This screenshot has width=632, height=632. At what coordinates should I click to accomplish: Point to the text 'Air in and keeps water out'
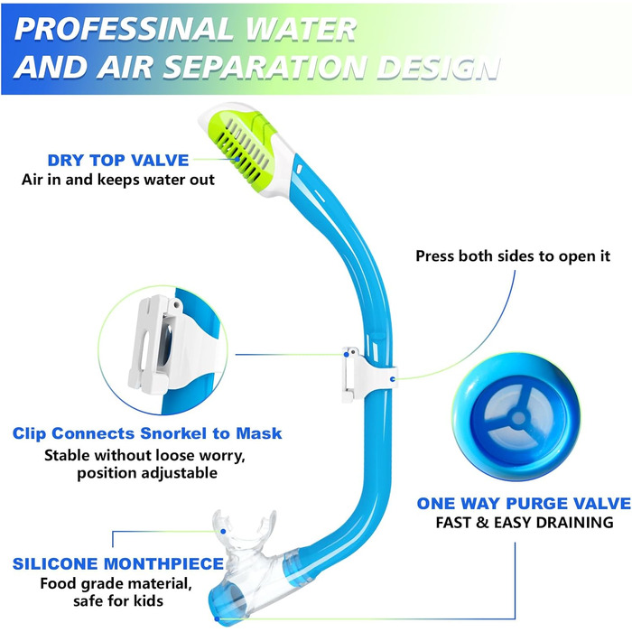coord(117,179)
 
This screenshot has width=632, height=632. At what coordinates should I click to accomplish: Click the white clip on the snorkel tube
coord(355,373)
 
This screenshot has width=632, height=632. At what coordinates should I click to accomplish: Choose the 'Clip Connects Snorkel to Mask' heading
coord(147,432)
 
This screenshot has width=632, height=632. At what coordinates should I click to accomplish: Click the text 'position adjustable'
coord(146,472)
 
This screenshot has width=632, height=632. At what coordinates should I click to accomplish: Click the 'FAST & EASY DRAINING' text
coord(525,523)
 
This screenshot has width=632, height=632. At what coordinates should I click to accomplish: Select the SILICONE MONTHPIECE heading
coord(118,564)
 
